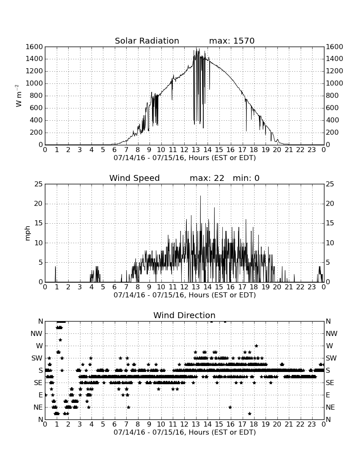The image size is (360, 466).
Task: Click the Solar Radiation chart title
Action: pyautogui.click(x=147, y=41)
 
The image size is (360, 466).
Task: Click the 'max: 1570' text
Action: pyautogui.click(x=232, y=41)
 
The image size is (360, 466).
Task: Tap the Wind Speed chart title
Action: pyautogui.click(x=134, y=178)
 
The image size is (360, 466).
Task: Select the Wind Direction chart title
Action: pyautogui.click(x=184, y=315)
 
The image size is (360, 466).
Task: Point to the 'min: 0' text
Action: pyautogui.click(x=246, y=178)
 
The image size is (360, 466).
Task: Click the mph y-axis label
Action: pyautogui.click(x=28, y=233)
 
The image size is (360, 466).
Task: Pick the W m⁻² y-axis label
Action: pyautogui.click(x=18, y=96)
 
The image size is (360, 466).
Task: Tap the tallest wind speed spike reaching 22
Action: pyautogui.click(x=200, y=196)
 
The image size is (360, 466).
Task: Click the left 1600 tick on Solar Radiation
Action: pyautogui.click(x=34, y=47)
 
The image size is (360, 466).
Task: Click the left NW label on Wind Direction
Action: pyautogui.click(x=36, y=334)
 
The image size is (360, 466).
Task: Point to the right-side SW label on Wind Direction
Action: pyautogui.click(x=332, y=358)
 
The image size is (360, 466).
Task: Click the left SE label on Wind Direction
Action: pyautogui.click(x=38, y=383)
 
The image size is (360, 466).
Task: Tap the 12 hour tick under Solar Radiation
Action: pyautogui.click(x=184, y=150)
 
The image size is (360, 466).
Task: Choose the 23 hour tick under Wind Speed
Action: pyautogui.click(x=312, y=287)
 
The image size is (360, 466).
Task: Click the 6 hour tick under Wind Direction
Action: pyautogui.click(x=115, y=424)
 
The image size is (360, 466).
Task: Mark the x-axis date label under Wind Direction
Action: pyautogui.click(x=185, y=432)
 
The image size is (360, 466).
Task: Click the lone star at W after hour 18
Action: pyautogui.click(x=256, y=346)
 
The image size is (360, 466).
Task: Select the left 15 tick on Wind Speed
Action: pyautogui.click(x=39, y=223)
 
